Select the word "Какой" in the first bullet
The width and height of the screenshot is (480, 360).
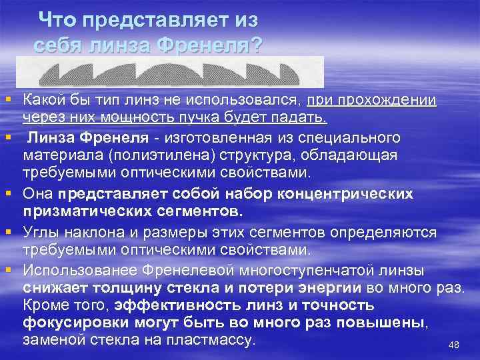click(45, 101)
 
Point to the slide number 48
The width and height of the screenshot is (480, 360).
click(454, 344)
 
